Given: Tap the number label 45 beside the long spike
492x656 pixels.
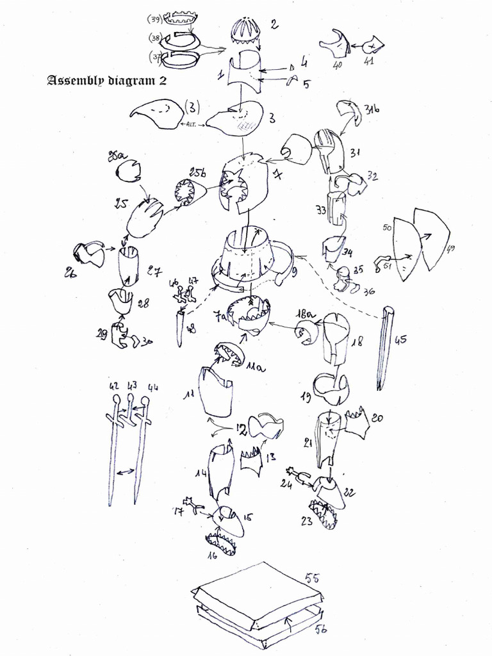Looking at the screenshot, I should click(401, 340).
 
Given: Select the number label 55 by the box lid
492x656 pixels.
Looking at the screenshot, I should click(312, 578).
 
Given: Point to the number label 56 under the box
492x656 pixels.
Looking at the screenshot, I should click(320, 630).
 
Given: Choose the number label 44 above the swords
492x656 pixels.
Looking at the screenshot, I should click(152, 387).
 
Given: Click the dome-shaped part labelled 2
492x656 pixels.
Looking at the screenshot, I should click(246, 31).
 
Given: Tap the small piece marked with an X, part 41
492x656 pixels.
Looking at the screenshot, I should click(373, 46).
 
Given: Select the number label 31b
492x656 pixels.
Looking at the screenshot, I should click(372, 110).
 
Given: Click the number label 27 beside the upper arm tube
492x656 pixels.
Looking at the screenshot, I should click(154, 272).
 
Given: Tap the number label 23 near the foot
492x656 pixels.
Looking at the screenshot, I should click(307, 521).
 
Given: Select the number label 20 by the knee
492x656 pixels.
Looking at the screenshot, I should click(377, 418).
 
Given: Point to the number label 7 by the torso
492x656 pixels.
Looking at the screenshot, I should click(277, 174).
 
